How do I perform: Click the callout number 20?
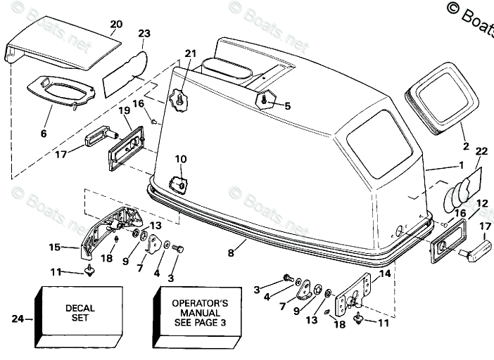coord(116,25)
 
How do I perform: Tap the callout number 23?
coord(144,33)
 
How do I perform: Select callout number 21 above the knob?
coord(191,54)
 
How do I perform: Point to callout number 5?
coord(287,105)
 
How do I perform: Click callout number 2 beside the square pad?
coord(465,147)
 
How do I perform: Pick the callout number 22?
coord(481,150)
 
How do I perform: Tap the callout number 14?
coord(384,274)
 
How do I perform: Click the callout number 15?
coord(55,247)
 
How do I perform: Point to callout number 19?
coord(124,110)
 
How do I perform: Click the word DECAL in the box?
coord(80,307)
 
